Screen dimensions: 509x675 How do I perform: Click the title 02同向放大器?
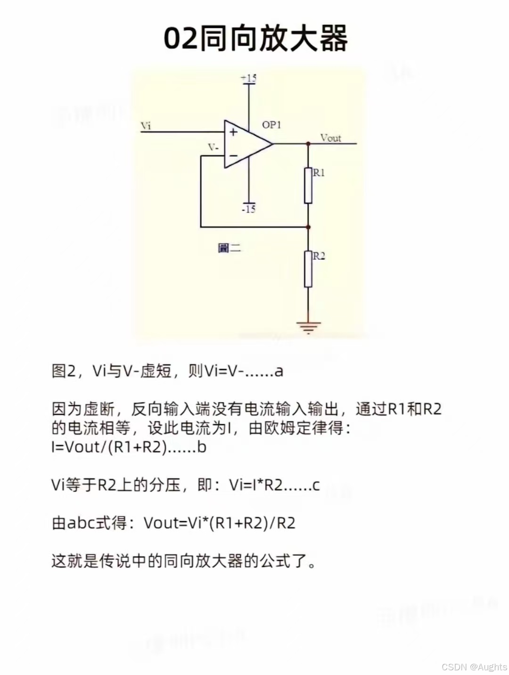coord(255,38)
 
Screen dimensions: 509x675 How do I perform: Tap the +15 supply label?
coord(248,78)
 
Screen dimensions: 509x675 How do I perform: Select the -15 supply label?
coord(248,209)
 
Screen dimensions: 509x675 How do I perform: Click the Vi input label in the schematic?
coord(146,125)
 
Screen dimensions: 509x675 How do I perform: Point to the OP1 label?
coord(271,125)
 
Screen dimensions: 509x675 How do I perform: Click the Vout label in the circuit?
coord(330,138)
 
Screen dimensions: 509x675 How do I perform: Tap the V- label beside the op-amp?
coord(213,148)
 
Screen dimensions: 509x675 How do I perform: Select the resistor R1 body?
coord(308,185)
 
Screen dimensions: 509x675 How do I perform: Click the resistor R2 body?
coord(308,269)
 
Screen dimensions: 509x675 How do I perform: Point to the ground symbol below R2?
coord(308,326)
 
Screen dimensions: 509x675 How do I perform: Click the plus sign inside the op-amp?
coord(233,132)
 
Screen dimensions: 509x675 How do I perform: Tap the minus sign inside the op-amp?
coord(233,155)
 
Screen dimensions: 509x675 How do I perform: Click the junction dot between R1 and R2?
coord(308,227)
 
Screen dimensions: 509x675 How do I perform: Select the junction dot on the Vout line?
coord(308,143)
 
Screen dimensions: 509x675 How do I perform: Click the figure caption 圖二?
coord(230,248)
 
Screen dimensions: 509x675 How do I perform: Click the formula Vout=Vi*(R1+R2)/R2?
coord(220,523)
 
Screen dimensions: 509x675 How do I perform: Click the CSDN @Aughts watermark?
coord(474,667)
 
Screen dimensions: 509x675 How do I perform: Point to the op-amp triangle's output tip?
coord(272,143)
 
